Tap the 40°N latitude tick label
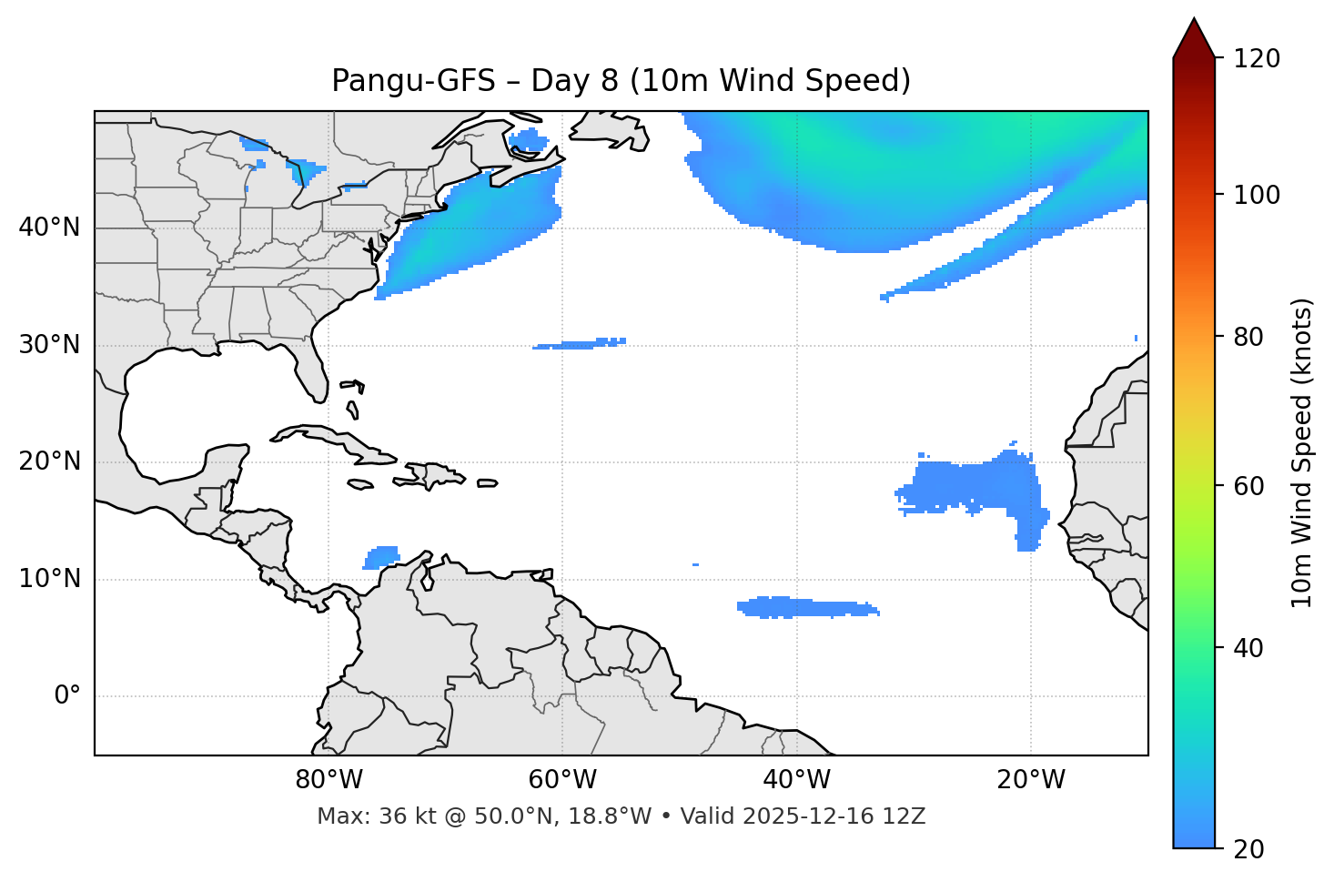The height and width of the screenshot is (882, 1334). tap(49, 228)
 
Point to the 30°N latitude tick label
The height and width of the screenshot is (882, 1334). tap(49, 345)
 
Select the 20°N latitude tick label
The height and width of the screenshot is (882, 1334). tap(49, 461)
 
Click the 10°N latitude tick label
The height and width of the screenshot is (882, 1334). tap(49, 579)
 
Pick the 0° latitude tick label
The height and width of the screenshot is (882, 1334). tap(67, 696)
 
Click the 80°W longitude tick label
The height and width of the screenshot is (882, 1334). tap(328, 780)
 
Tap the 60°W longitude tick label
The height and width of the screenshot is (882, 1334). tap(562, 780)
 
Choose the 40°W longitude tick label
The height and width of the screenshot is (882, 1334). tap(796, 780)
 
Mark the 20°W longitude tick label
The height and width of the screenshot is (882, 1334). tap(1030, 780)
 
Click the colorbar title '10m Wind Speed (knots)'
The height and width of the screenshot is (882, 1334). tap(1302, 452)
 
